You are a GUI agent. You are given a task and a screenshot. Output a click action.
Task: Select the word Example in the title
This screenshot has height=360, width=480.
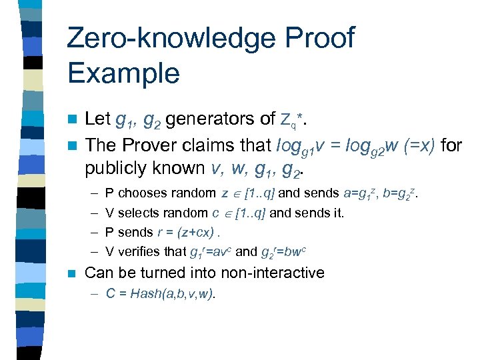pyautogui.click(x=123, y=73)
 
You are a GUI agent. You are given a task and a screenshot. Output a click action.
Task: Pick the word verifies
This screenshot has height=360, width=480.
pyautogui.click(x=143, y=251)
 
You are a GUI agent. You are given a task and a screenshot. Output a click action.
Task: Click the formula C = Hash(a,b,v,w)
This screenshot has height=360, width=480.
pyautogui.click(x=160, y=294)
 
